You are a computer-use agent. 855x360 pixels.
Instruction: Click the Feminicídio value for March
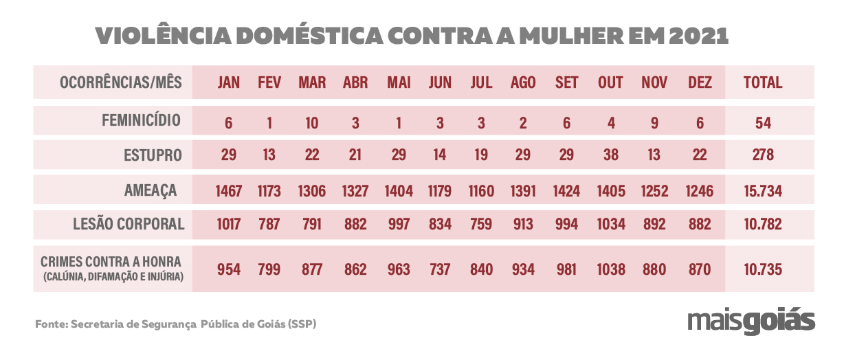[x=312, y=123]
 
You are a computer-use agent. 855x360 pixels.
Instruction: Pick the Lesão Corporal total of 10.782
[x=763, y=224]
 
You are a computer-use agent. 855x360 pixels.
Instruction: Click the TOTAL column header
[x=763, y=82]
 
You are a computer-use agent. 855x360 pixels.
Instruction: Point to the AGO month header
[x=523, y=82]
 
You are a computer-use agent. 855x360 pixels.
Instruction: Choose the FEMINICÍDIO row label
[x=141, y=121]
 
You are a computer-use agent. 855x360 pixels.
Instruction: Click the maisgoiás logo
[x=751, y=321]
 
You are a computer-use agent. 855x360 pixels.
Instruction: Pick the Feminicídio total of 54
[x=763, y=123]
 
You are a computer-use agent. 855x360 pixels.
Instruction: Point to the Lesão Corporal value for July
[x=481, y=224]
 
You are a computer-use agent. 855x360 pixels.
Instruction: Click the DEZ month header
[x=700, y=82]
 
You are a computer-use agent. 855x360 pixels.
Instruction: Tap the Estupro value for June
[x=440, y=155]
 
